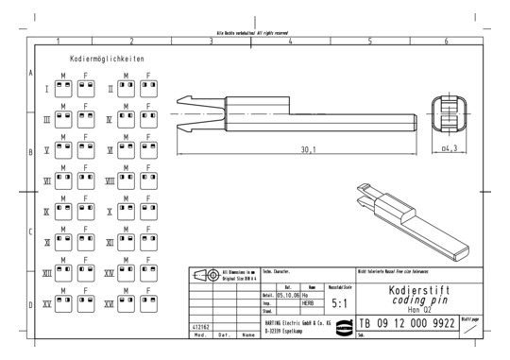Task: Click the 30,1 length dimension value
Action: tap(309, 148)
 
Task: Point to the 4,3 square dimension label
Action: tap(450, 148)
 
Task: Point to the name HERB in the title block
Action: tap(308, 302)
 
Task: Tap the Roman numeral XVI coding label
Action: tap(109, 303)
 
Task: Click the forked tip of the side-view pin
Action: tap(184, 113)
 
